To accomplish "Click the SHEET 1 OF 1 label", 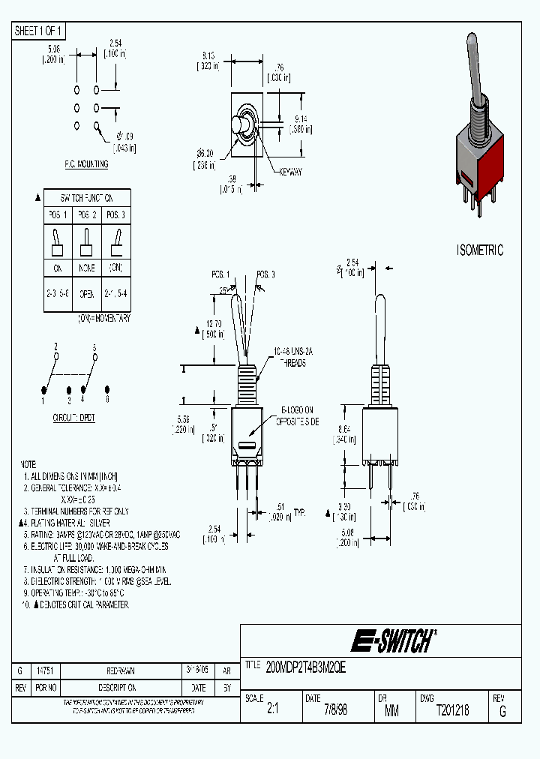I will tap(39, 31).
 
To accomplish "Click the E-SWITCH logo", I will tap(393, 641).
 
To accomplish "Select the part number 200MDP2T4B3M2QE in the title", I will tap(306, 665).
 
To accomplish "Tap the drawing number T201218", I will tap(452, 709).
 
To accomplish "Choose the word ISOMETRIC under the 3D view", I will tap(481, 250).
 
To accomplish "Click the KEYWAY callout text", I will tap(290, 172).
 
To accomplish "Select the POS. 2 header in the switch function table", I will tap(87, 214).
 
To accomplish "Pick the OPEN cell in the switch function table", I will tap(87, 293).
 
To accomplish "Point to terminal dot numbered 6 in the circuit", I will tap(107, 389).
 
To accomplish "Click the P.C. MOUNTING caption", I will tap(86, 163).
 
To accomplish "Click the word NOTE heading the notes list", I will tap(28, 464).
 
